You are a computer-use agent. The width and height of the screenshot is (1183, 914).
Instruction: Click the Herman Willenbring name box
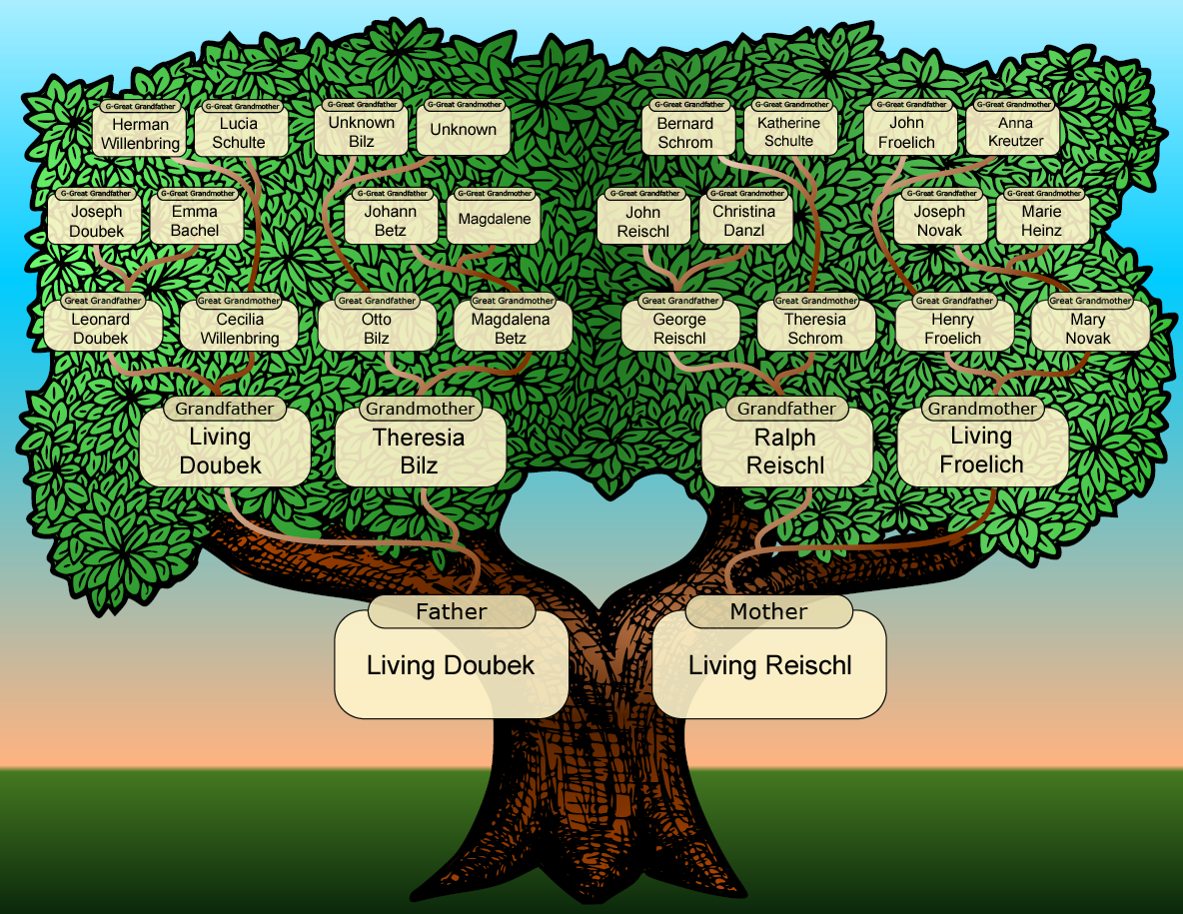tap(140, 133)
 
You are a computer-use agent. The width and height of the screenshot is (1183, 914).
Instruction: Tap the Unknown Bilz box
tap(361, 131)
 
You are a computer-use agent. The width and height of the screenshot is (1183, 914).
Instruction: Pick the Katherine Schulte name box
tap(790, 131)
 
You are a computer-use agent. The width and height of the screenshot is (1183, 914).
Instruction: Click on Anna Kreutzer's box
tap(1012, 131)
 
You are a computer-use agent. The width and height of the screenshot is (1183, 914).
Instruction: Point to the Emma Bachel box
tap(196, 220)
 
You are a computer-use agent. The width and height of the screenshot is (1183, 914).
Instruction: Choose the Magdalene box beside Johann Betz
tap(494, 220)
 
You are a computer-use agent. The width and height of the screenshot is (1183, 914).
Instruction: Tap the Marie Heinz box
tap(1043, 220)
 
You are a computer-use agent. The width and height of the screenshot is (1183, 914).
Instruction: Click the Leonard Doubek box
tap(103, 328)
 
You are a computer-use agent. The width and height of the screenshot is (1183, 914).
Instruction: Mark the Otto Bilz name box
tap(378, 328)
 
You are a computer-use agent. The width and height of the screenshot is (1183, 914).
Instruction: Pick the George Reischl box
tap(680, 328)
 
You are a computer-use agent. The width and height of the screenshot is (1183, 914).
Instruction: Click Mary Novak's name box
tap(1090, 328)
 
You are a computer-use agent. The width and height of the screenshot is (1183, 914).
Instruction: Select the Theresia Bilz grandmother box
tap(421, 448)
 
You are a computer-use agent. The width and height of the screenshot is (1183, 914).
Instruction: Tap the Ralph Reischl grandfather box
tap(787, 448)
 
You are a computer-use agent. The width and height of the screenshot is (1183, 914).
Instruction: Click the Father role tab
tap(452, 611)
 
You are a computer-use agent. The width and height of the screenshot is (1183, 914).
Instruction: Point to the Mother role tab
tap(768, 611)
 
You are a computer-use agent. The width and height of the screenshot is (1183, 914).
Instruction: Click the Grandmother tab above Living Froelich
tap(982, 409)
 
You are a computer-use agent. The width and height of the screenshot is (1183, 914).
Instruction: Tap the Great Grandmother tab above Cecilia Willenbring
tap(239, 300)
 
